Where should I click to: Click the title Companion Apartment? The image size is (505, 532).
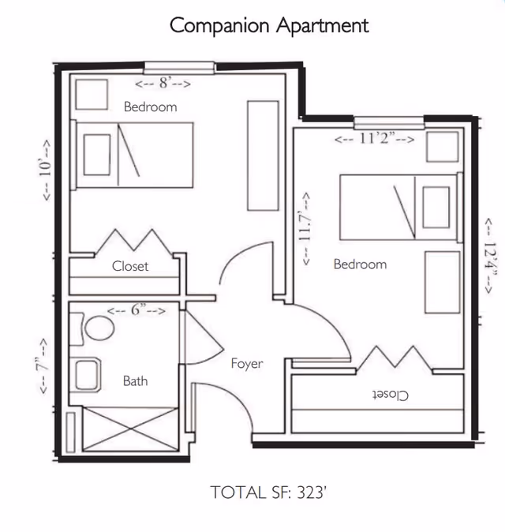pyautogui.click(x=269, y=25)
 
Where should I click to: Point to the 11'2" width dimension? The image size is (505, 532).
pyautogui.click(x=374, y=139)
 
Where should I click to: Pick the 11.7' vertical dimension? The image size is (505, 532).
pyautogui.click(x=304, y=230)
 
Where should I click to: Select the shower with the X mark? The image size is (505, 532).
pyautogui.click(x=130, y=429)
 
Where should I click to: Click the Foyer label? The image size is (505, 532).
pyautogui.click(x=246, y=364)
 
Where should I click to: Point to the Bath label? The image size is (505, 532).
pyautogui.click(x=135, y=380)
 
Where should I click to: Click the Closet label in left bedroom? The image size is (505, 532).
pyautogui.click(x=130, y=267)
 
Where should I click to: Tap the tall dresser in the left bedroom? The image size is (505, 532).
pyautogui.click(x=262, y=155)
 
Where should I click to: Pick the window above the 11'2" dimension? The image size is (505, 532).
pyautogui.click(x=389, y=122)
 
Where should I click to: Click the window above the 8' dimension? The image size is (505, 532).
pyautogui.click(x=179, y=67)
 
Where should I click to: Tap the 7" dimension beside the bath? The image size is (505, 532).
pyautogui.click(x=46, y=365)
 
